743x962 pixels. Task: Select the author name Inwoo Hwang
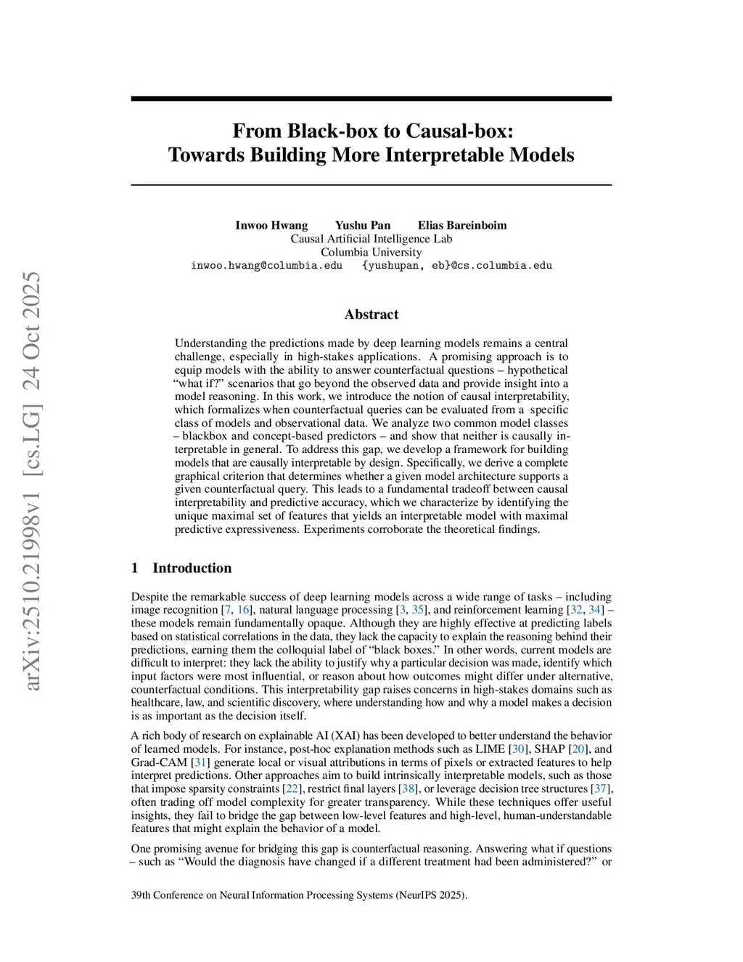271,225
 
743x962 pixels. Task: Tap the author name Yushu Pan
363,225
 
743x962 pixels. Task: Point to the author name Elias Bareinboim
462,225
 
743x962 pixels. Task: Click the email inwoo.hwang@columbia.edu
266,266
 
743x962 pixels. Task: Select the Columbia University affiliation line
371,252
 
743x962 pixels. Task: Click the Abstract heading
371,314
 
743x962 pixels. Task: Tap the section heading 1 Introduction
181,568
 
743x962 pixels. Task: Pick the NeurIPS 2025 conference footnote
299,895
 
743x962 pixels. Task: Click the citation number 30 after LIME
519,749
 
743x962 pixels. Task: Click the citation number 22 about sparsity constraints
292,789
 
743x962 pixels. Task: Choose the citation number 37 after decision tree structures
600,789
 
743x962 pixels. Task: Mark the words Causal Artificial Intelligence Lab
371,239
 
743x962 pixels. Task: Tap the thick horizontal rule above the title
371,99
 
